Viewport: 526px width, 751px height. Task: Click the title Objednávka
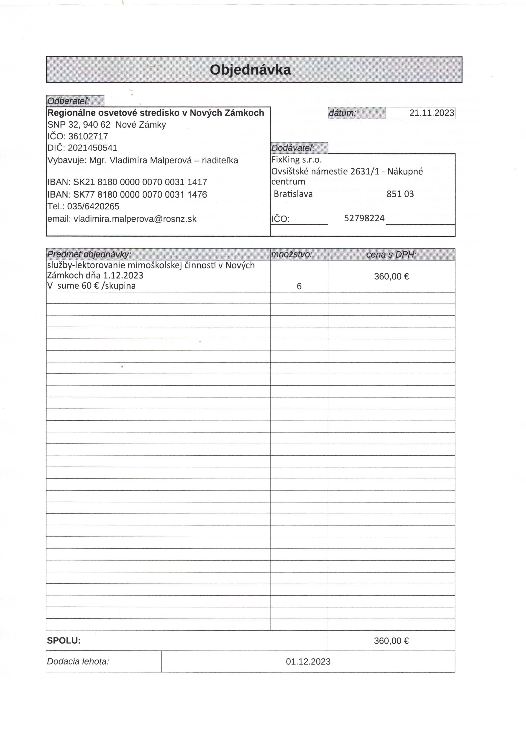tap(250, 70)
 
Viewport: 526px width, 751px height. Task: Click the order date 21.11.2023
tap(431, 113)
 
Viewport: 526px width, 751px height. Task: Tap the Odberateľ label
tap(68, 101)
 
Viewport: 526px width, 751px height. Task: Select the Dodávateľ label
tap(293, 148)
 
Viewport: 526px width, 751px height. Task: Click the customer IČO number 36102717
tap(88, 136)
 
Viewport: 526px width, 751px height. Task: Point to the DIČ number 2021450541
tap(93, 148)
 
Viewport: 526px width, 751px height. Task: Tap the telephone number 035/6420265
tap(93, 206)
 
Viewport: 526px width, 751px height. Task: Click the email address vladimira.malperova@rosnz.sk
tap(135, 219)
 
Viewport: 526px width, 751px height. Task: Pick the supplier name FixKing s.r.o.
tap(297, 160)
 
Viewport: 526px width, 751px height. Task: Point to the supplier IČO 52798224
tap(364, 218)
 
